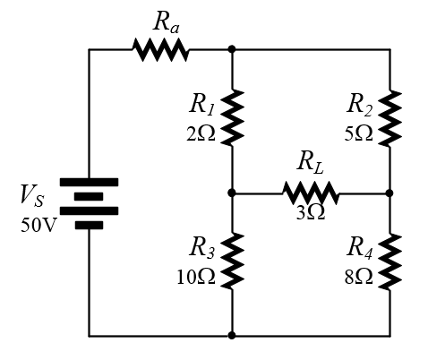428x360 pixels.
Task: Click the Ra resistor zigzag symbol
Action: [x=160, y=49]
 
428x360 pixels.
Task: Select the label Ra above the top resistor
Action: [x=167, y=22]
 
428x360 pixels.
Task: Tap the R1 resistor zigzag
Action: [x=232, y=118]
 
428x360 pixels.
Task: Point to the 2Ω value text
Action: [x=201, y=133]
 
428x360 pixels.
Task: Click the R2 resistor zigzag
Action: [x=389, y=118]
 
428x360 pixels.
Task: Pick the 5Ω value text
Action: [x=358, y=133]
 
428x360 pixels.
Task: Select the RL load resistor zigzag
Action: [x=311, y=193]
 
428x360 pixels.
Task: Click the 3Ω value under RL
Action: [x=311, y=213]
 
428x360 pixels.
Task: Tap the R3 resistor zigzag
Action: [x=232, y=261]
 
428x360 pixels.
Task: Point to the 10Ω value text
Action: [x=196, y=277]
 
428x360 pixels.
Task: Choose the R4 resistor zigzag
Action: [x=389, y=261]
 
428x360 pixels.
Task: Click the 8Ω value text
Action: [x=358, y=277]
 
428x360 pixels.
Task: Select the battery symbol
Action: [x=89, y=203]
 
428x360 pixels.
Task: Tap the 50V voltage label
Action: [x=39, y=225]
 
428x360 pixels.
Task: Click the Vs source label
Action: [x=32, y=195]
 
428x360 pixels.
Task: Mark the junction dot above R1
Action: [x=232, y=49]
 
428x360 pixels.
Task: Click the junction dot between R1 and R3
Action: [x=232, y=193]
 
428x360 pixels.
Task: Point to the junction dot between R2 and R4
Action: [x=389, y=193]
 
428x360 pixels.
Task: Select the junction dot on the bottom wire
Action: [x=232, y=335]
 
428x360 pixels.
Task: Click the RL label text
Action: [x=310, y=162]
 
